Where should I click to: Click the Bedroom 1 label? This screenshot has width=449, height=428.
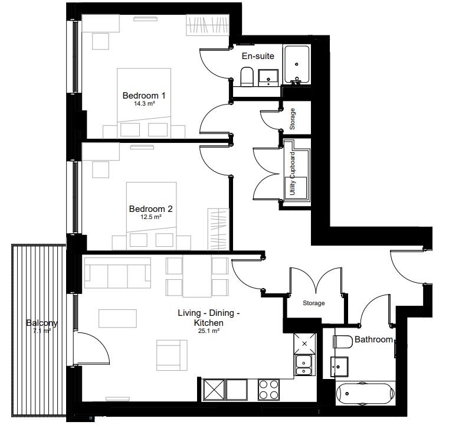coord(144,96)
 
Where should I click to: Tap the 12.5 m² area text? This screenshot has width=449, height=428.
coord(151,217)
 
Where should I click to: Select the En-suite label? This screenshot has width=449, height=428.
coord(258,56)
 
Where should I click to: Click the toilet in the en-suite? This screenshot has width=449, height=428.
coord(247,77)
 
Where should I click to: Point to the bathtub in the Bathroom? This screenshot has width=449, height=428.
coord(365,394)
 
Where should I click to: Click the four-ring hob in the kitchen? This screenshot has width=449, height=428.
coord(268,390)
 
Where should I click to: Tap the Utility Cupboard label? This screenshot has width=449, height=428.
coord(293,174)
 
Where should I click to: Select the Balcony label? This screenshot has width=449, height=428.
coord(42,323)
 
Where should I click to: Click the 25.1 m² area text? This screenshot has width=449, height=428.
coord(209,331)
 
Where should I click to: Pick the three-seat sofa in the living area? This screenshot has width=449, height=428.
coord(117,273)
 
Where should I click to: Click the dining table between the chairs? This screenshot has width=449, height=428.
coord(197,277)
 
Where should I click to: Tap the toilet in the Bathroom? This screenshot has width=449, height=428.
coord(343,342)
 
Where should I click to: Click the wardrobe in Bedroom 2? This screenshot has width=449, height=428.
coord(218,230)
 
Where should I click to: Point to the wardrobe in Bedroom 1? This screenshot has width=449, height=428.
coord(208,25)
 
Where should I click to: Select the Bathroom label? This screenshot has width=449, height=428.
coord(373,339)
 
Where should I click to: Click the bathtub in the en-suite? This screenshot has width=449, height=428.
coord(297,65)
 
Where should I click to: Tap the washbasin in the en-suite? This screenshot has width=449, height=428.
coord(268,78)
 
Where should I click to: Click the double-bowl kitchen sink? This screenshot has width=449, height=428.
coord(304,365)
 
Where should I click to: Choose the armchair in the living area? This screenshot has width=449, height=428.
coord(172,355)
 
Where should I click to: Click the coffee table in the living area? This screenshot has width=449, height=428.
coord(117,318)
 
